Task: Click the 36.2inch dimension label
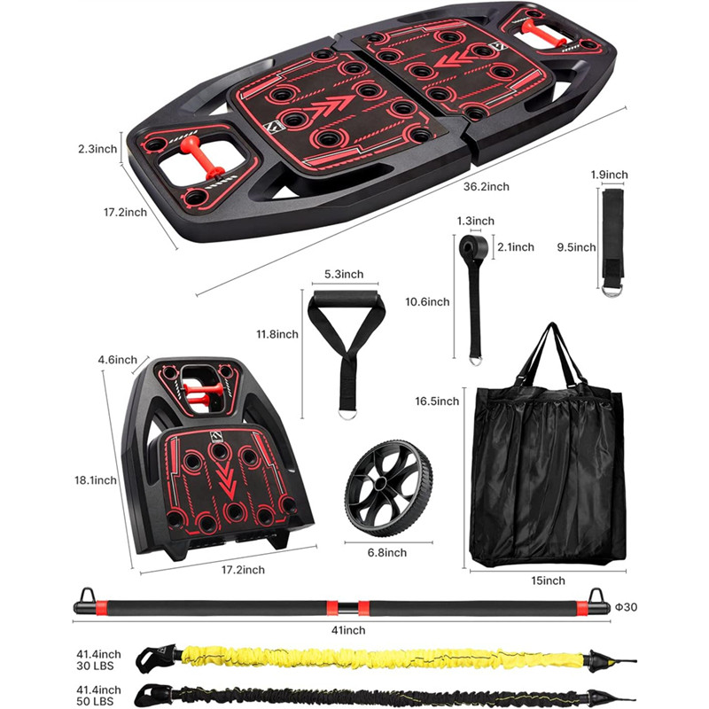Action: (486, 187)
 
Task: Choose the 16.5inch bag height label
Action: (436, 401)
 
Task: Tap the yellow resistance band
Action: (381, 658)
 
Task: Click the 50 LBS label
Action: (97, 700)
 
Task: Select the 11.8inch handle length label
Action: (276, 335)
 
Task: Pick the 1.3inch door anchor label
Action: (469, 220)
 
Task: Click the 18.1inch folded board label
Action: (95, 480)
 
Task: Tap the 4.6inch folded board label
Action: (118, 360)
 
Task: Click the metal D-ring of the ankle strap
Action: (612, 287)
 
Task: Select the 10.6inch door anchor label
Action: (427, 302)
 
